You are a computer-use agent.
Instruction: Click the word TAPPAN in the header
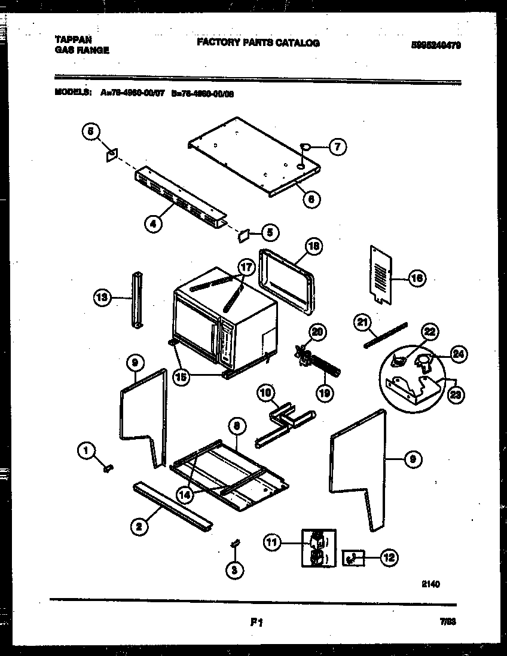74,39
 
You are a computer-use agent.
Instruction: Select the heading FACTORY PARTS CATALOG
258,43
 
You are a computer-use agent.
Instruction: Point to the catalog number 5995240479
436,45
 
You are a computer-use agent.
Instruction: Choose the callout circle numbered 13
103,297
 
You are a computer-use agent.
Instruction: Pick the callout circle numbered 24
458,354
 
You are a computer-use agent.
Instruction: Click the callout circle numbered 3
234,571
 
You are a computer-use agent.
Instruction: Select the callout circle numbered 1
87,450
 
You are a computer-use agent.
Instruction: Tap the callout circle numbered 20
317,332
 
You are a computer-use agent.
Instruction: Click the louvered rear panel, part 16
381,271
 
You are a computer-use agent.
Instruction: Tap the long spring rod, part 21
385,334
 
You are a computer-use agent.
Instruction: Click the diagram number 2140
431,584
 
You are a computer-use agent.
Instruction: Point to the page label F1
257,623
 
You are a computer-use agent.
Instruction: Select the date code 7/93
447,622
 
